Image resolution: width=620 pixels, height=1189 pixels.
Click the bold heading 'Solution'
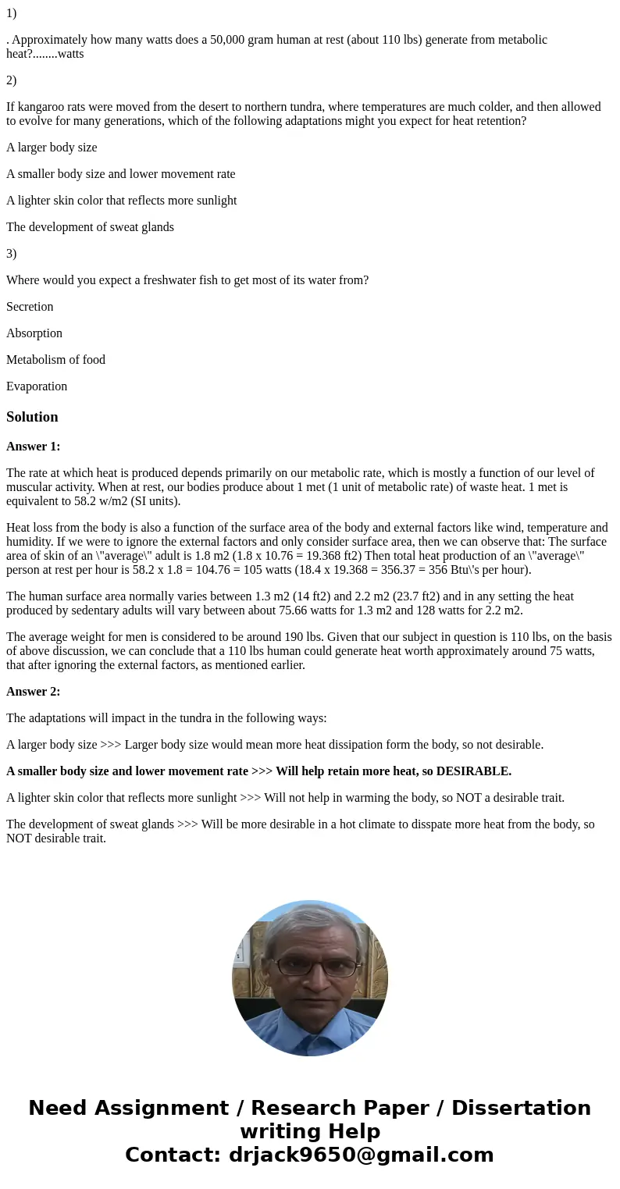(x=32, y=417)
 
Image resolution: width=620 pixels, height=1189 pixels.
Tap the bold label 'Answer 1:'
(x=33, y=447)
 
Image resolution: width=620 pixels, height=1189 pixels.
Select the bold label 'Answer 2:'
(x=33, y=692)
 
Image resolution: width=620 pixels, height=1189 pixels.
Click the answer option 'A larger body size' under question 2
(x=52, y=148)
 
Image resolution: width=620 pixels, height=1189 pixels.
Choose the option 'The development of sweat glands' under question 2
(x=90, y=227)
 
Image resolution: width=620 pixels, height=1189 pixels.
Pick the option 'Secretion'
(x=30, y=307)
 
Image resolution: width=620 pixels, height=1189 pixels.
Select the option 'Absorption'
(x=34, y=333)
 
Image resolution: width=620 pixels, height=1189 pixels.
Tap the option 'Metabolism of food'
(x=55, y=360)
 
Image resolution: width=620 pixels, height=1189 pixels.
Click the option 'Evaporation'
(x=37, y=386)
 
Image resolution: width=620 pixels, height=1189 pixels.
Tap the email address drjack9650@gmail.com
(x=361, y=1155)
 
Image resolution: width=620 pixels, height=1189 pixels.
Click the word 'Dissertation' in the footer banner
(x=521, y=1108)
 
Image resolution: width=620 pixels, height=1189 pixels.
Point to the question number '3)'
(x=11, y=254)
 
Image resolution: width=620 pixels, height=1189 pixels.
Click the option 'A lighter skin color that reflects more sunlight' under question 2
(x=121, y=201)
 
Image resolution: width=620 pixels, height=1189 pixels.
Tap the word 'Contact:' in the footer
(x=173, y=1155)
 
